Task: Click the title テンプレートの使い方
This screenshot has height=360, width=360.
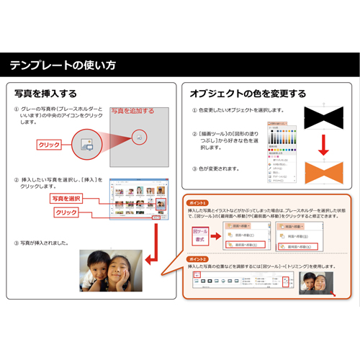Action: pyautogui.click(x=63, y=66)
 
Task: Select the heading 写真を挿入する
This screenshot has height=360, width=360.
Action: pyautogui.click(x=45, y=94)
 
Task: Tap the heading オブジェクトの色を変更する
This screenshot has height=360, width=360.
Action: pyautogui.click(x=247, y=94)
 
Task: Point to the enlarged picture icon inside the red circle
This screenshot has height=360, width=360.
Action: pyautogui.click(x=140, y=135)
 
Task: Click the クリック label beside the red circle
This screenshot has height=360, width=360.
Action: pyautogui.click(x=49, y=145)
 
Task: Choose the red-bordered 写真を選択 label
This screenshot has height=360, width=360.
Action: pyautogui.click(x=67, y=198)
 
